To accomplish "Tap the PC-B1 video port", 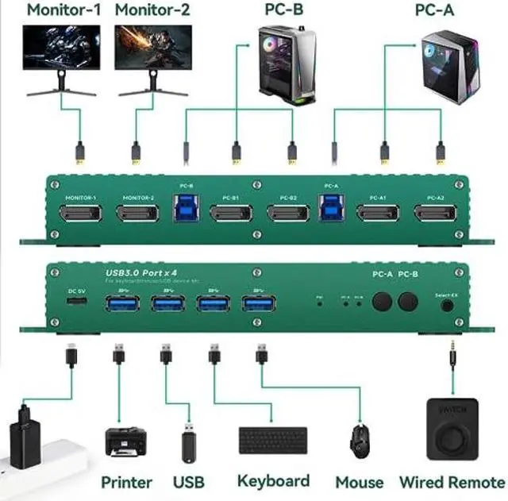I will coord(232,214).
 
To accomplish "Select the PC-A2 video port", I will coord(434,214).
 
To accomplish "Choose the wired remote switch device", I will coord(452,429).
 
